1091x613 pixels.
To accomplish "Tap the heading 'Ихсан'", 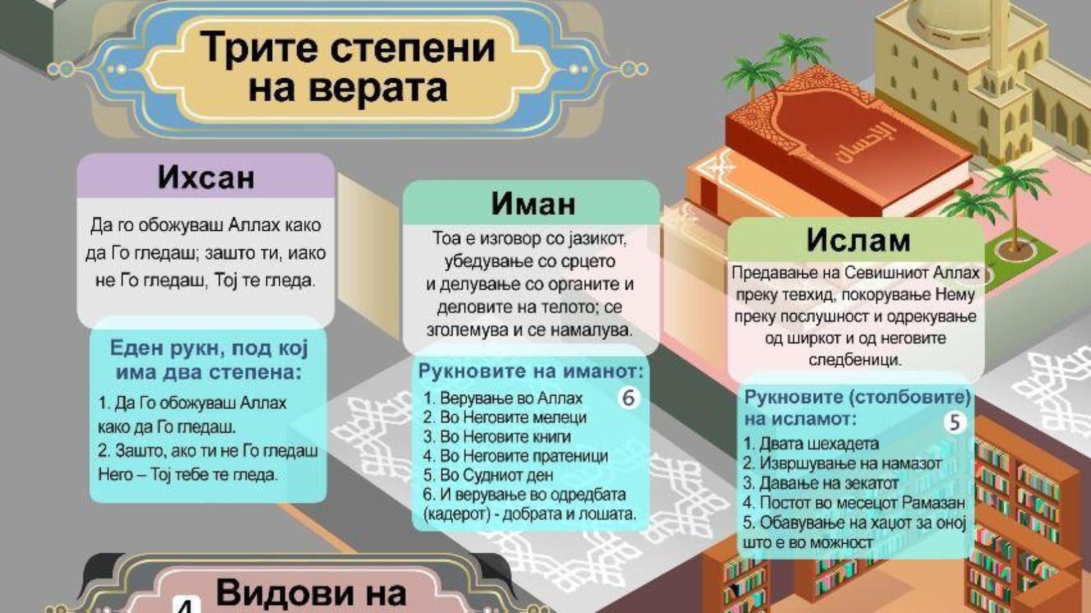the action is (206, 178).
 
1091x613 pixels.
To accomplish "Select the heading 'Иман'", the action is (533, 203).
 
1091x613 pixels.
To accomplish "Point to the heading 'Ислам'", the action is (858, 240).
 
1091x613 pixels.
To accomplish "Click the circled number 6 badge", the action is (628, 398).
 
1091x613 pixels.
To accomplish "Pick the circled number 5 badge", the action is (955, 423).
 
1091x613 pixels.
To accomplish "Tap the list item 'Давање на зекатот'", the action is (821, 483).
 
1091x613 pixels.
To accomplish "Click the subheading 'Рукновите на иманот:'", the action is (531, 371).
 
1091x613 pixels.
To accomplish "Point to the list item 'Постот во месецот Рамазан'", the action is (854, 503).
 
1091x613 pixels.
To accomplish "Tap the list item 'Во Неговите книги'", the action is (497, 437).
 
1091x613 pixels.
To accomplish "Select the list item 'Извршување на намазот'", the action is (842, 464).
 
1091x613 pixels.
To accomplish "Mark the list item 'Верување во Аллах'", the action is (503, 398).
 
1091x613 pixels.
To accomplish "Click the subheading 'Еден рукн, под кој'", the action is (209, 348).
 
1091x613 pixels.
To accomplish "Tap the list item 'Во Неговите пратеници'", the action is (515, 456).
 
